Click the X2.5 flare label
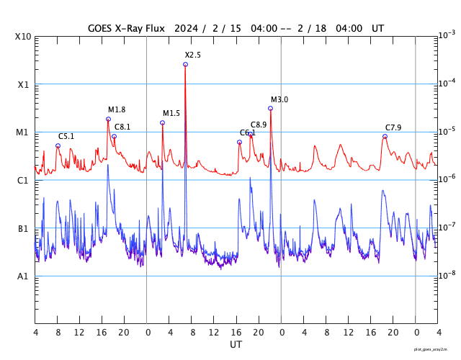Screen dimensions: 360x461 pos(192,55)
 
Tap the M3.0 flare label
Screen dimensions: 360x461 pos(279,99)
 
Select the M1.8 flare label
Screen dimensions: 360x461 pos(117,110)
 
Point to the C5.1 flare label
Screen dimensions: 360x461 pos(66,136)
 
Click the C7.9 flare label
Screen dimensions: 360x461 pos(393,127)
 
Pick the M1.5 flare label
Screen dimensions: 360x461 pos(171,114)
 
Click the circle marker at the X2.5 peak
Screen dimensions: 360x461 pos(185,64)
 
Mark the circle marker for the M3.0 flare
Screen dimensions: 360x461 pos(270,109)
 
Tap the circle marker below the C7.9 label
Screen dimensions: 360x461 pos(385,136)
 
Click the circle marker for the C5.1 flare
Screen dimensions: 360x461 pos(58,145)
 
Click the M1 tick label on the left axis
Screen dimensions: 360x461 pos(22,132)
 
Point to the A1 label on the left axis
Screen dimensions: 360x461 pos(22,276)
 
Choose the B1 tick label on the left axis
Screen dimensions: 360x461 pos(22,229)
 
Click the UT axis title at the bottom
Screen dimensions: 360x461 pos(236,345)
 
